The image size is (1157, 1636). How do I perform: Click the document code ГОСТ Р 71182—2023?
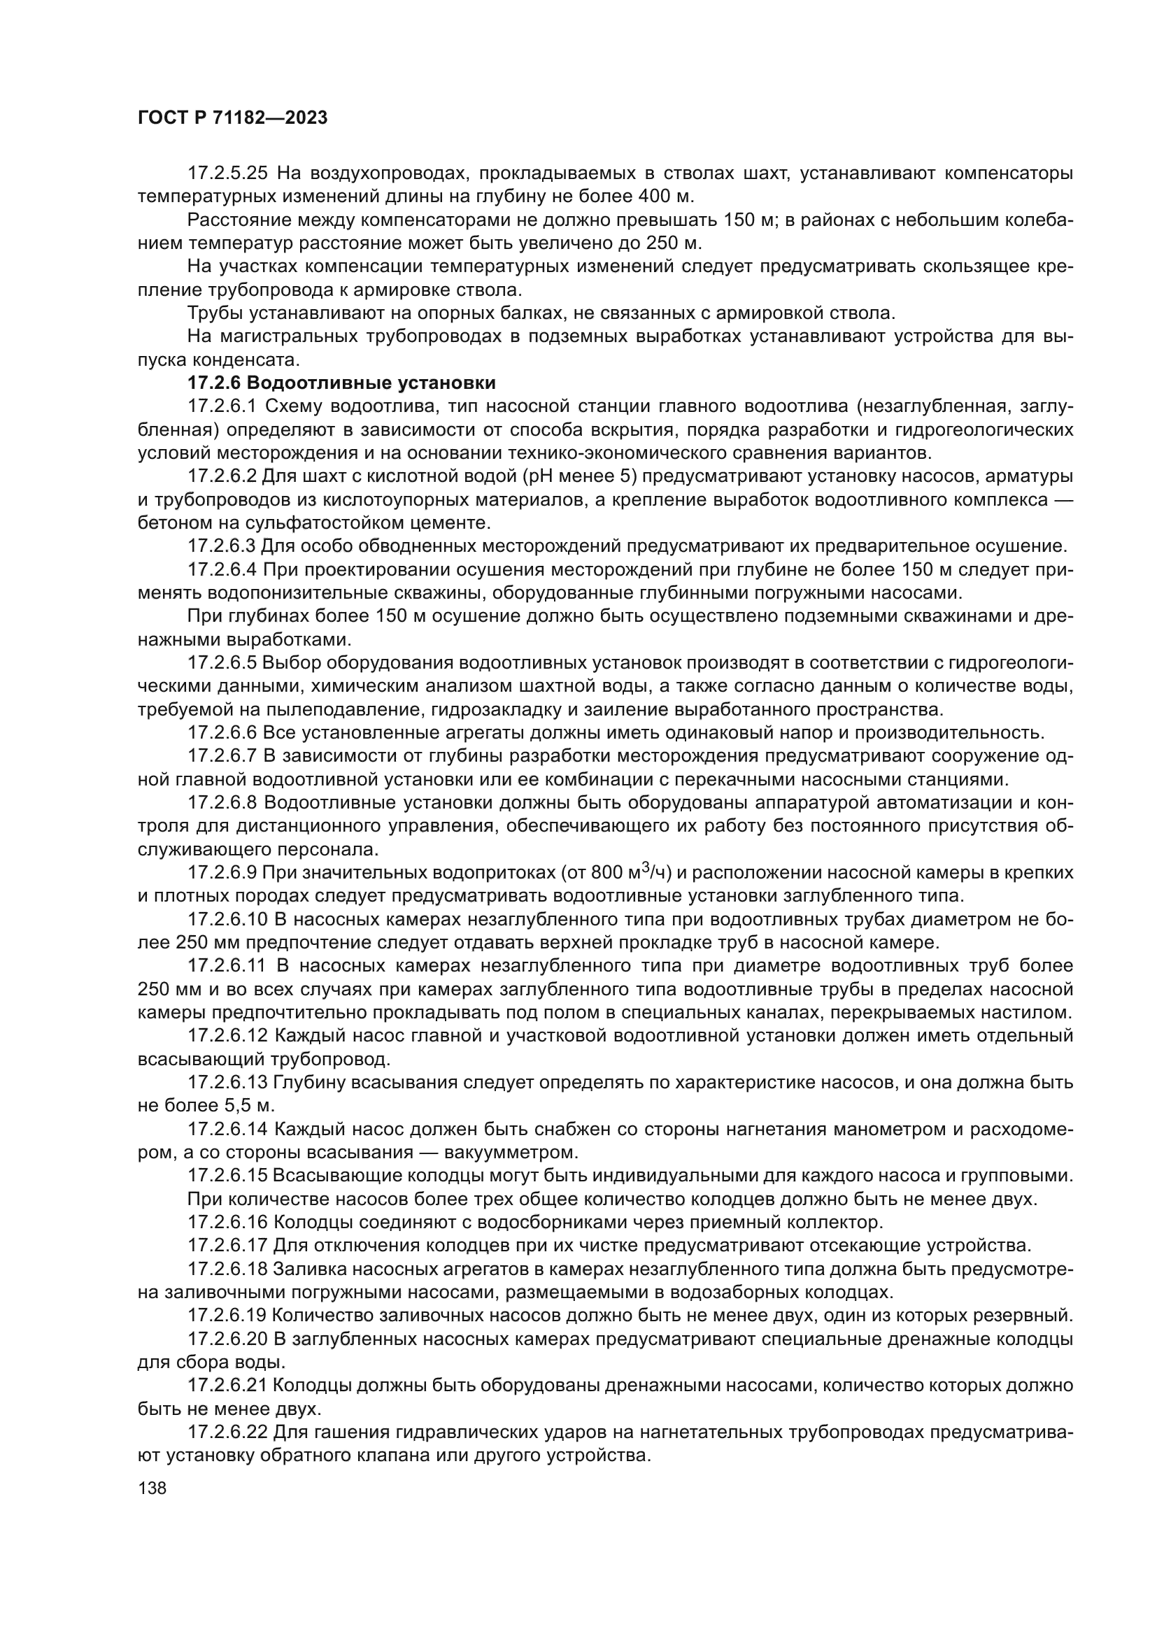232,118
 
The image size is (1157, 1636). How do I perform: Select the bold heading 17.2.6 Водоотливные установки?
341,383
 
